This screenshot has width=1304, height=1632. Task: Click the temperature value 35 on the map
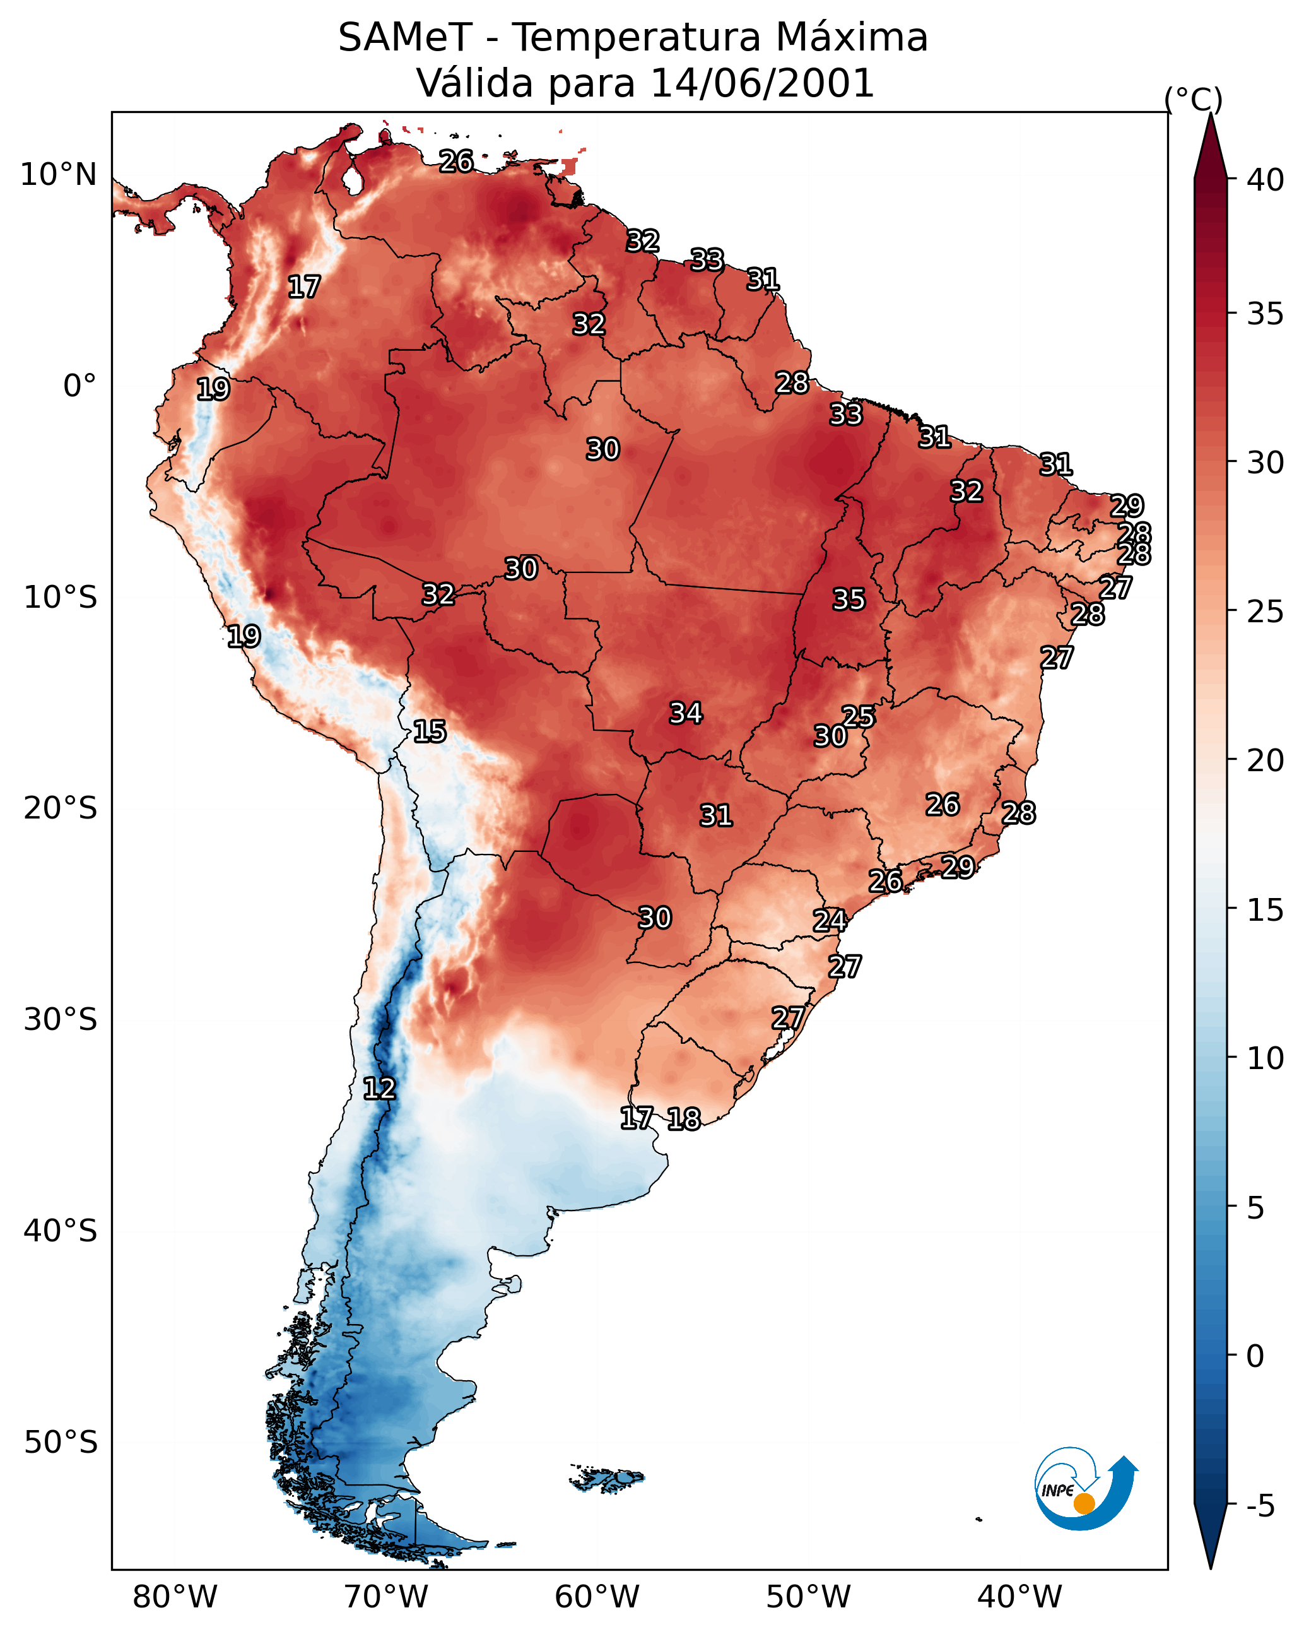click(x=849, y=600)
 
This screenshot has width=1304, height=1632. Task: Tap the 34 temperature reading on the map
click(x=686, y=713)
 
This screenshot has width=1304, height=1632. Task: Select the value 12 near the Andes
click(x=379, y=1089)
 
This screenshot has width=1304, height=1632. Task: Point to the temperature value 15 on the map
click(x=429, y=731)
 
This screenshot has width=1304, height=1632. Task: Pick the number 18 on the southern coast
click(x=683, y=1119)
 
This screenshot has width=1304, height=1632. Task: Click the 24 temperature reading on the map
click(x=830, y=921)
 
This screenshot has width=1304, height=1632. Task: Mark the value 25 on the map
click(x=858, y=716)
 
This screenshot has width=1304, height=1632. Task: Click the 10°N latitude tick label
click(x=58, y=175)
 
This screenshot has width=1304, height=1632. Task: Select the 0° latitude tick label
click(x=79, y=386)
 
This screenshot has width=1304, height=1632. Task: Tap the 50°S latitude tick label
click(x=61, y=1443)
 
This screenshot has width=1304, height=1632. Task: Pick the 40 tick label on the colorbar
click(x=1266, y=180)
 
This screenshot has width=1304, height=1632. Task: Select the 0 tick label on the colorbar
click(x=1255, y=1356)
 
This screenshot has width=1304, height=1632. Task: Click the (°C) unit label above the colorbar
click(x=1193, y=99)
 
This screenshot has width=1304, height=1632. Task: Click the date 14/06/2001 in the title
click(x=762, y=83)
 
